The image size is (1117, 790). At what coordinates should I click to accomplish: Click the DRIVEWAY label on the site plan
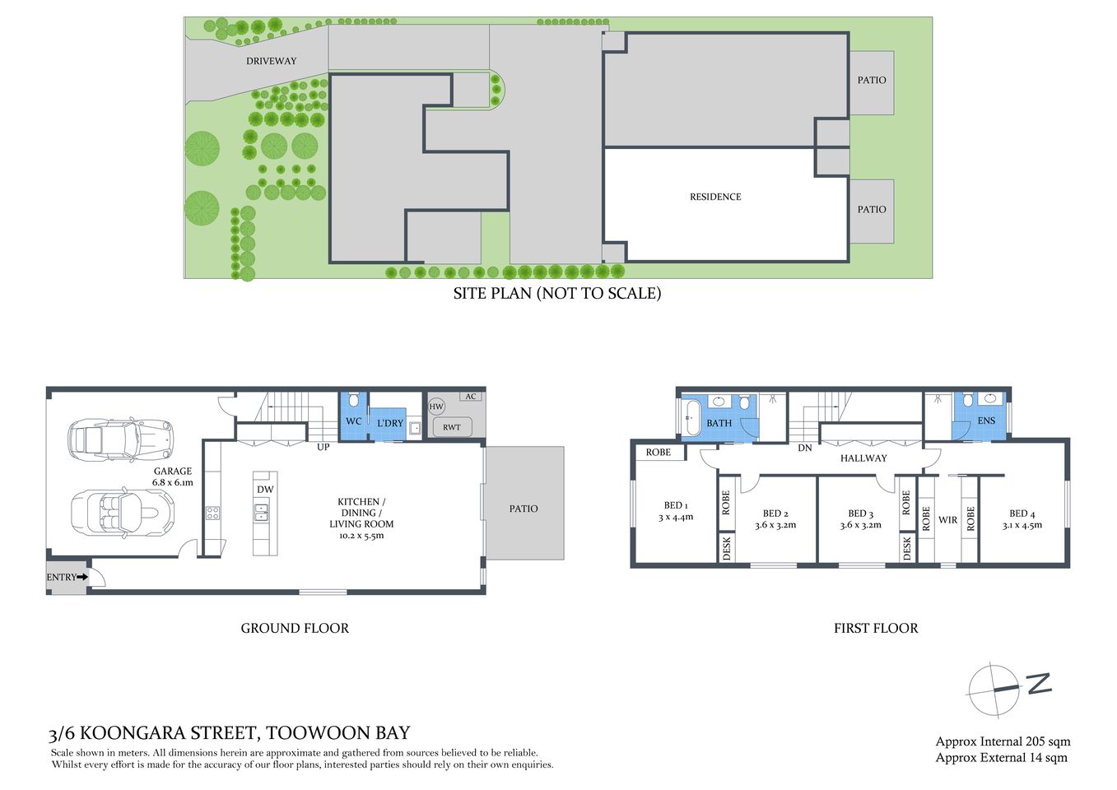click(271, 61)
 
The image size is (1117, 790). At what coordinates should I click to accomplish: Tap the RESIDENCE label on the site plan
click(714, 197)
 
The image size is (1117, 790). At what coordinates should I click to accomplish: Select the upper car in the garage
click(121, 439)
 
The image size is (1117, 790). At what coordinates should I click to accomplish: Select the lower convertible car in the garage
click(123, 512)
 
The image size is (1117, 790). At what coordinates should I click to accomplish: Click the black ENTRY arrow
click(81, 578)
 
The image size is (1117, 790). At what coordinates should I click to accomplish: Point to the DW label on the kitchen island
click(265, 489)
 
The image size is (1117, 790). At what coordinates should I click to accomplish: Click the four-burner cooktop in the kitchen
click(212, 513)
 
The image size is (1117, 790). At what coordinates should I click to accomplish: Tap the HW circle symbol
click(436, 407)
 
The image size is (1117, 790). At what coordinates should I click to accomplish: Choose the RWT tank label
click(452, 427)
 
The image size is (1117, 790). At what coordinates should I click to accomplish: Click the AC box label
click(471, 397)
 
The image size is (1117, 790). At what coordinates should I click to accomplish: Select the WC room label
click(353, 421)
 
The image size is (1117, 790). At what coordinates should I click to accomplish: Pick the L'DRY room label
click(390, 423)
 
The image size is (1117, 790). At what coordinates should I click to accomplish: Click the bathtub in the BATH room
click(691, 416)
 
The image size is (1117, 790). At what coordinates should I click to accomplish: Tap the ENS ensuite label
click(986, 421)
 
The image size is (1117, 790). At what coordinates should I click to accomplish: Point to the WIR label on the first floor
click(947, 520)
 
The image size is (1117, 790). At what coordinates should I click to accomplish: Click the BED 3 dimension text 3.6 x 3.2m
click(860, 525)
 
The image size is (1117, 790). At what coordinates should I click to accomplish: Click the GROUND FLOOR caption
click(295, 628)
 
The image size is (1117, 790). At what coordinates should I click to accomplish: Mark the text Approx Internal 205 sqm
click(1003, 741)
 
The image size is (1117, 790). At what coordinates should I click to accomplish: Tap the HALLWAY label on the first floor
click(863, 458)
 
